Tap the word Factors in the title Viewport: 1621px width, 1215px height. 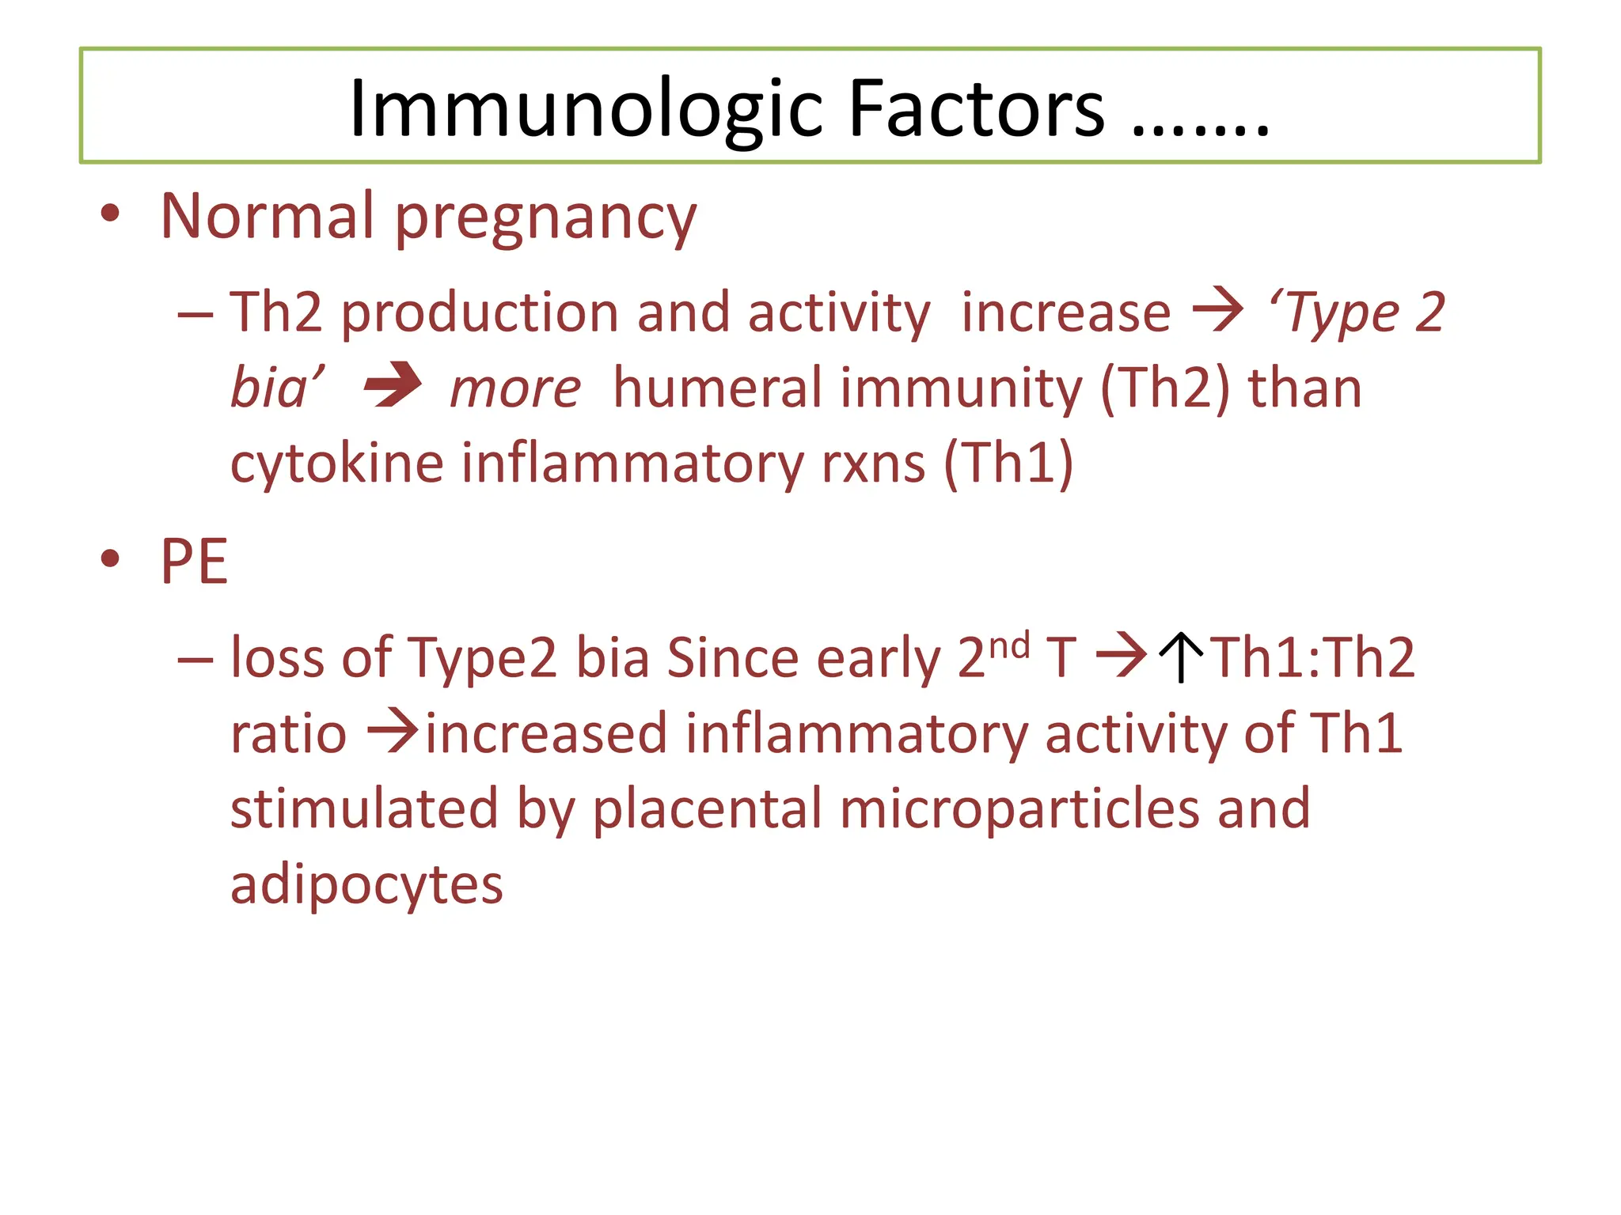[976, 109]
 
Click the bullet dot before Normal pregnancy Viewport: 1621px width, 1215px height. [110, 214]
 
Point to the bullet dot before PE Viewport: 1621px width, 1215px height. [110, 559]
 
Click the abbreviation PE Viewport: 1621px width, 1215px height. [194, 562]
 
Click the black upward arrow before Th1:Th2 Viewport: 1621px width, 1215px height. [1181, 657]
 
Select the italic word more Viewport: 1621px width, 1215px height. [515, 388]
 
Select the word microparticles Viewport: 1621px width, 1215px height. [1019, 810]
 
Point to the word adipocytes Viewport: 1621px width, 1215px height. [366, 885]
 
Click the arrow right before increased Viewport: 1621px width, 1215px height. [393, 732]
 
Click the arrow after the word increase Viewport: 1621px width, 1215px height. [1218, 311]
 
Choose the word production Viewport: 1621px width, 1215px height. [480, 313]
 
